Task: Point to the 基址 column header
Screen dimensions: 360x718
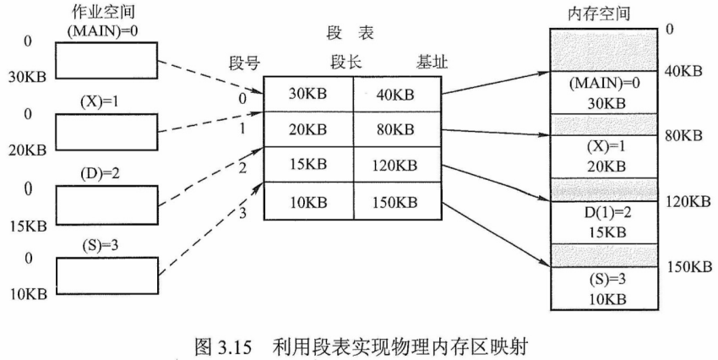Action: (432, 63)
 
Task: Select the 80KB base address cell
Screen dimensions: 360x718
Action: (392, 131)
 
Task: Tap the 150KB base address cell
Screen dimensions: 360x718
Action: (392, 202)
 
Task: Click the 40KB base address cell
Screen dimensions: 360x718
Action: (392, 95)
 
